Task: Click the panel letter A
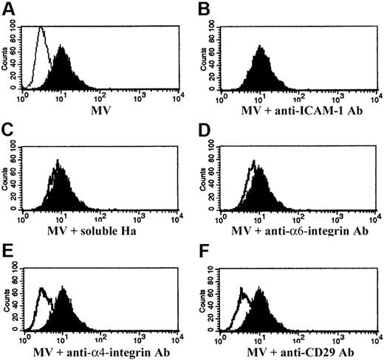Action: click(7, 7)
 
